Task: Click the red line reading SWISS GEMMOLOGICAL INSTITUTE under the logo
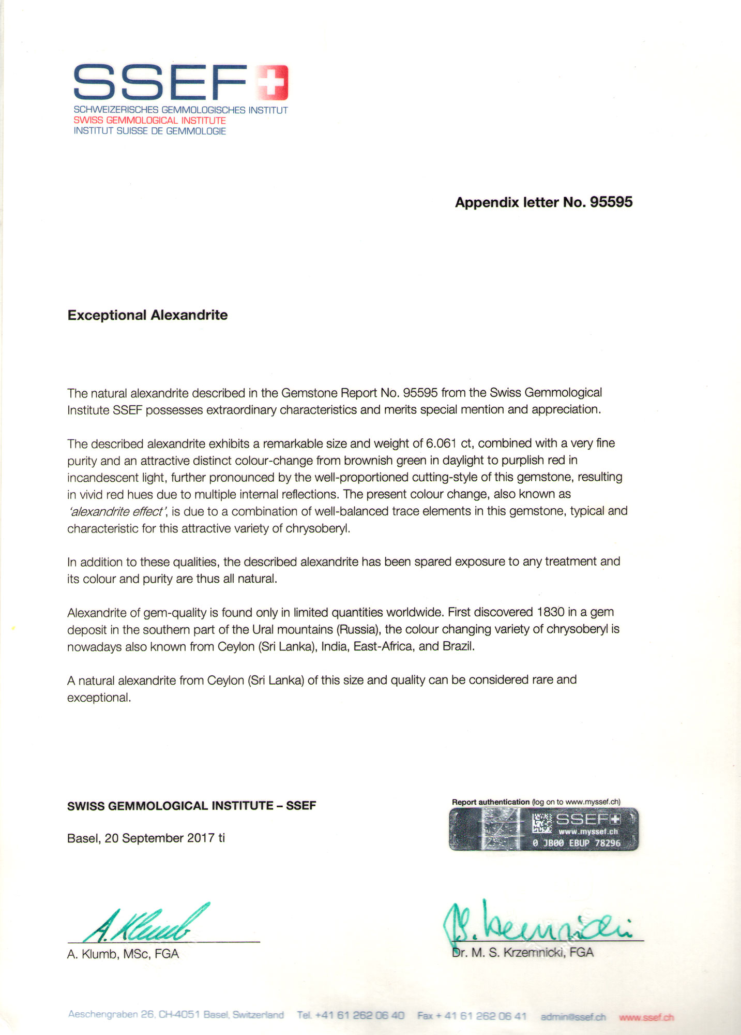149,121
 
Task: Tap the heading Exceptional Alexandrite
147,315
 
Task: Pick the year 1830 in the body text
550,612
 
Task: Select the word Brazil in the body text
458,647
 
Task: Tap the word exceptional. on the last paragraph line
99,698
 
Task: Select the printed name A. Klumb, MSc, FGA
123,954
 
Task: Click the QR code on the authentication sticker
542,823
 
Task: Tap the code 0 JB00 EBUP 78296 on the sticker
576,843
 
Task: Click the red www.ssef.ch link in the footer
646,1017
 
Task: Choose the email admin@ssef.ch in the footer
572,1017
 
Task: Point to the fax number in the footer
472,1016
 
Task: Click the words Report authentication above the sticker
491,802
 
